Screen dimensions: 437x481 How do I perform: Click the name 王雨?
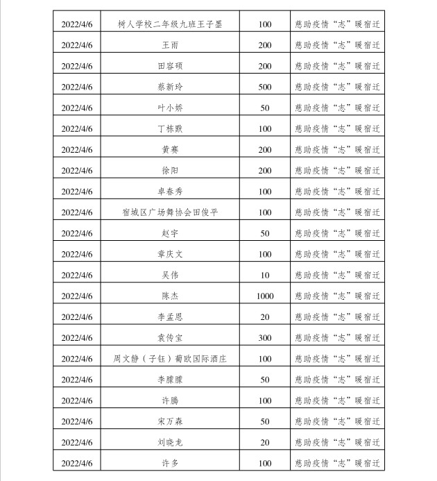point(170,45)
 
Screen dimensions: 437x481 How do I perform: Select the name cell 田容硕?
point(170,66)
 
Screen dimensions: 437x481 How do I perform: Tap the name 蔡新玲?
point(170,87)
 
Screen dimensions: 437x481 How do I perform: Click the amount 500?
point(265,87)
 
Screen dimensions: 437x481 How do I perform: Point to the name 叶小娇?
point(170,108)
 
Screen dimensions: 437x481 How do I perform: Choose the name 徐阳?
point(170,170)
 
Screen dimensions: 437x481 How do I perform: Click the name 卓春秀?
point(170,192)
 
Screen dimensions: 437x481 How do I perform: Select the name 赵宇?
point(170,233)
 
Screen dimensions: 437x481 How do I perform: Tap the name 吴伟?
point(170,275)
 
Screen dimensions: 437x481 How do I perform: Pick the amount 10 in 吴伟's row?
point(265,275)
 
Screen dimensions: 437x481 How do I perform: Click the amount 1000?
point(265,296)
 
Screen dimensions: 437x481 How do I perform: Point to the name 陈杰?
point(170,296)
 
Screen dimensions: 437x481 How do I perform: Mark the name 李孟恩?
point(170,317)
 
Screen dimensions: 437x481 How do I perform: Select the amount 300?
point(265,337)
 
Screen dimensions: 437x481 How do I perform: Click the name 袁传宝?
point(170,337)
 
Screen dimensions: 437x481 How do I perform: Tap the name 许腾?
point(170,400)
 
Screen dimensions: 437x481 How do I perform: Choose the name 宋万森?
point(170,421)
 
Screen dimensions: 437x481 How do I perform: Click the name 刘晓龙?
point(170,442)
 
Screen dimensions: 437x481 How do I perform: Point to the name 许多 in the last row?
point(170,463)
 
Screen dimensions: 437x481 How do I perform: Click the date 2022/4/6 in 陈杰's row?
point(77,296)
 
